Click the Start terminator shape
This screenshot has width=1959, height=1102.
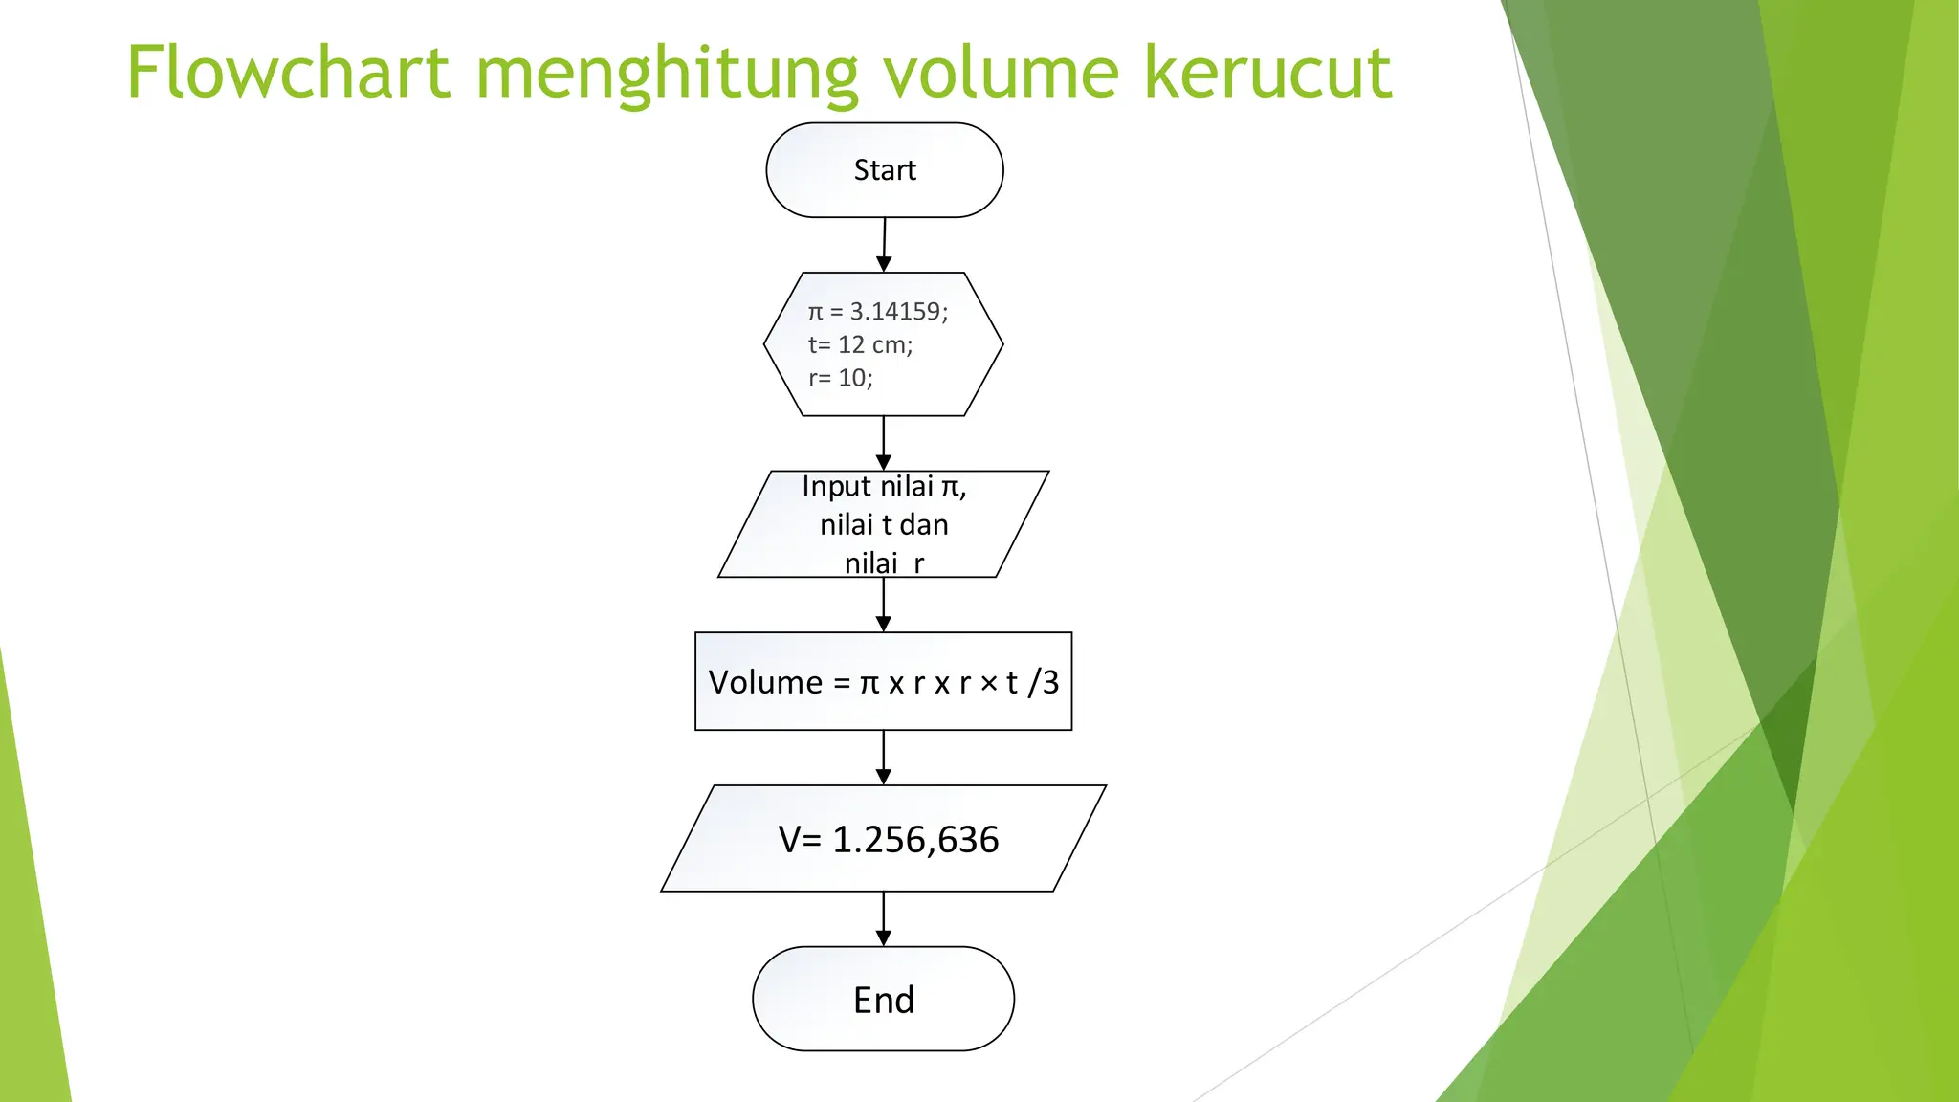pyautogui.click(x=884, y=170)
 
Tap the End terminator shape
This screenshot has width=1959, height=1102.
pyautogui.click(x=883, y=1000)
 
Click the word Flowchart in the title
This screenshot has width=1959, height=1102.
pyautogui.click(x=288, y=73)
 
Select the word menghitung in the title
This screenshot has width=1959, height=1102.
pyautogui.click(x=667, y=75)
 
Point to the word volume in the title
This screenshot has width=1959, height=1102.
pyautogui.click(x=1000, y=73)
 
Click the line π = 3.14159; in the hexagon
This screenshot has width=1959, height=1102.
pyautogui.click(x=877, y=311)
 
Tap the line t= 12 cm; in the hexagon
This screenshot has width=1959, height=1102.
pyautogui.click(x=860, y=344)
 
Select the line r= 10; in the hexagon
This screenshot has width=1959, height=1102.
pyautogui.click(x=840, y=378)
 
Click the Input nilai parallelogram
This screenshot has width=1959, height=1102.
pyautogui.click(x=883, y=524)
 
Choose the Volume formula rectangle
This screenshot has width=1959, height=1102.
pyautogui.click(x=883, y=681)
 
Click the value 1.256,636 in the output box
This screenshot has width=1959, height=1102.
pyautogui.click(x=915, y=840)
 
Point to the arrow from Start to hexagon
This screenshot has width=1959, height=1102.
pyautogui.click(x=884, y=245)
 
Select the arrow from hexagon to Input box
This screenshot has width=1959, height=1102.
pyautogui.click(x=883, y=443)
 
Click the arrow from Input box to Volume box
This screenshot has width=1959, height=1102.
pyautogui.click(x=883, y=605)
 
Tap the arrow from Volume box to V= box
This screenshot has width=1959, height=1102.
pyautogui.click(x=883, y=758)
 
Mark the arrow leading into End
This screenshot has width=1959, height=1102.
pyautogui.click(x=883, y=919)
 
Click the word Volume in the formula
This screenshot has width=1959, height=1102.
pyautogui.click(x=765, y=682)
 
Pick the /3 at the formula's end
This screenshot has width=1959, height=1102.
pyautogui.click(x=1044, y=682)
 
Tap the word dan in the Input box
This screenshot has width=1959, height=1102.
pyautogui.click(x=924, y=524)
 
